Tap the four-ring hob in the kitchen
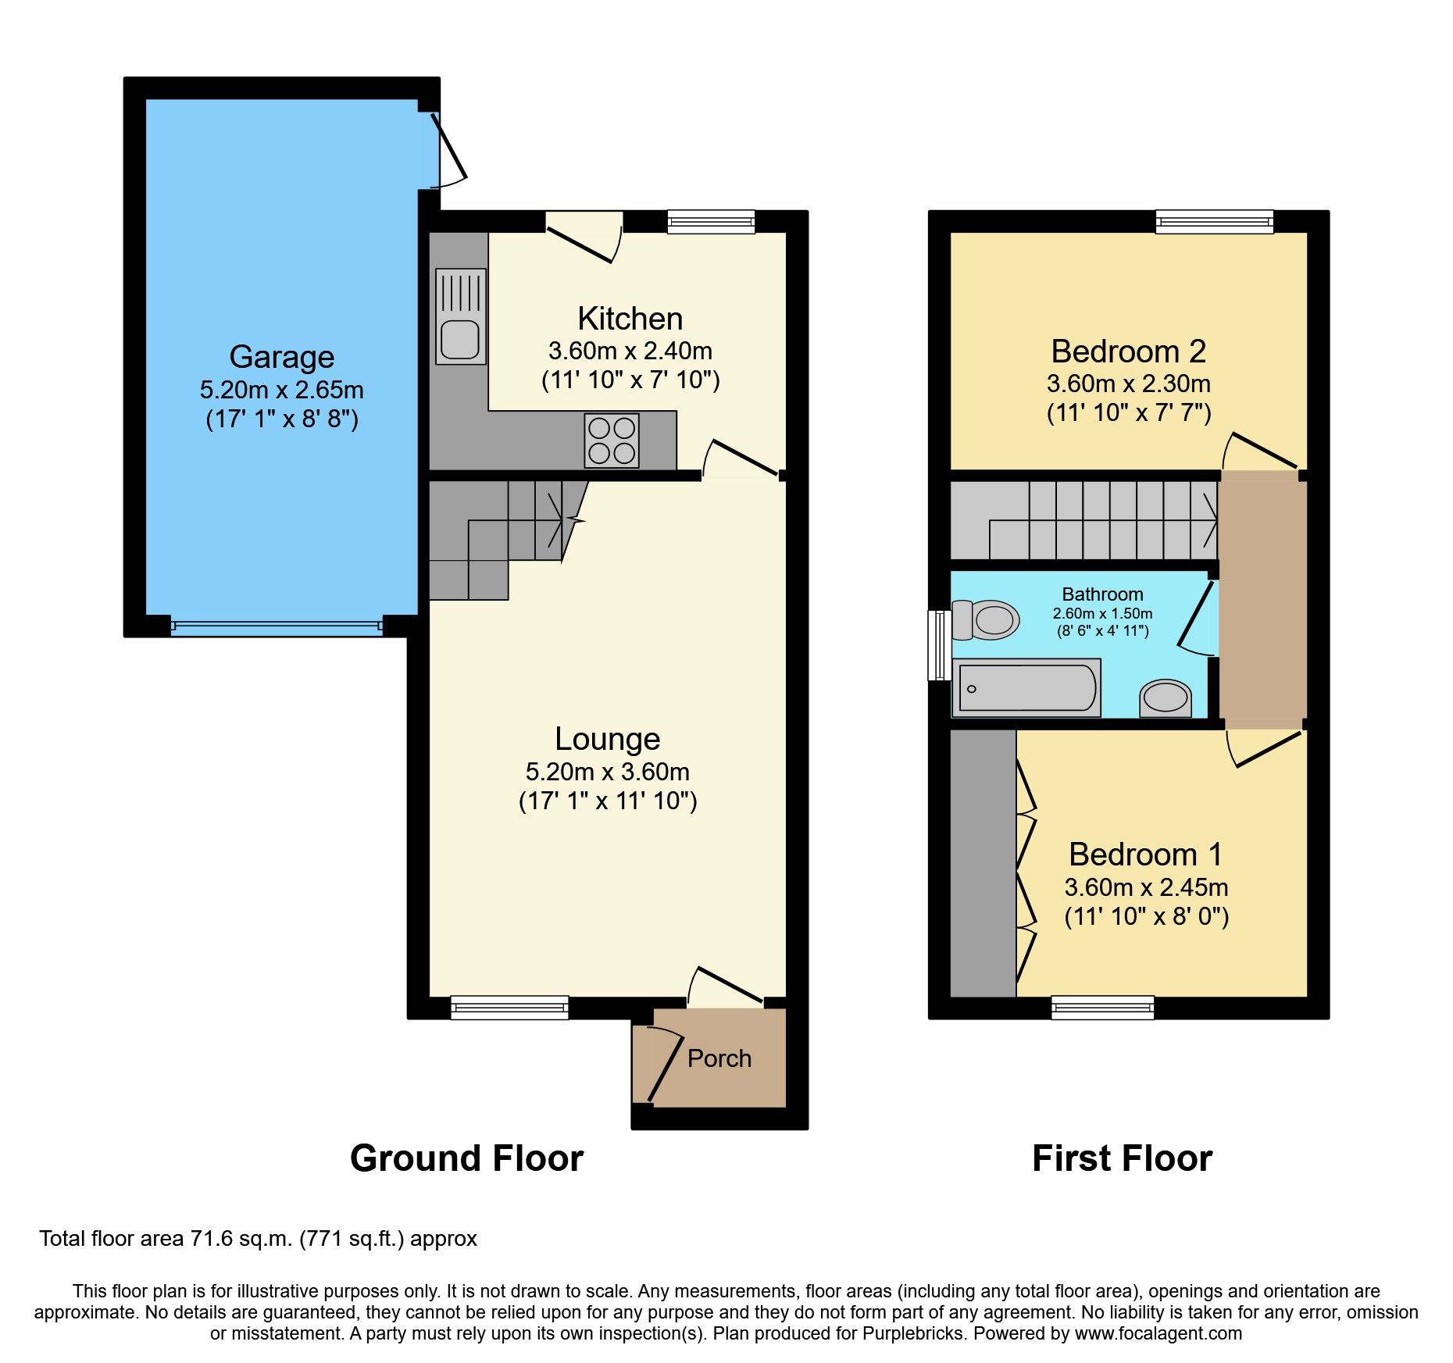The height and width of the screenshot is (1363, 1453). pyautogui.click(x=612, y=441)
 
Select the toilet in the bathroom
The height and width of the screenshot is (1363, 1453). pyautogui.click(x=986, y=620)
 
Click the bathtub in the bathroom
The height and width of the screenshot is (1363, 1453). pyautogui.click(x=1026, y=688)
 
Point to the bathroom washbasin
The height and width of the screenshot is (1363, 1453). pyautogui.click(x=1166, y=698)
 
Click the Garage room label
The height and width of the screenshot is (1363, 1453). pyautogui.click(x=281, y=356)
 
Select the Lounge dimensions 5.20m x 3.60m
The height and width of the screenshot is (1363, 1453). pyautogui.click(x=607, y=772)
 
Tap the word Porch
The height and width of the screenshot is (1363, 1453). pyautogui.click(x=719, y=1058)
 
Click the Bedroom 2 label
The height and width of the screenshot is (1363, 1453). pyautogui.click(x=1128, y=351)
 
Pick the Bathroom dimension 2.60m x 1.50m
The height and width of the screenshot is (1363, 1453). pyautogui.click(x=1102, y=614)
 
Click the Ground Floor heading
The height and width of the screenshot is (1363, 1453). pyautogui.click(x=466, y=1158)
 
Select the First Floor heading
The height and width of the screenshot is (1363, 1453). pyautogui.click(x=1122, y=1158)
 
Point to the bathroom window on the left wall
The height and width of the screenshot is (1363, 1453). pyautogui.click(x=938, y=645)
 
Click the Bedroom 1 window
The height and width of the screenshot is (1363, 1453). pyautogui.click(x=1102, y=1008)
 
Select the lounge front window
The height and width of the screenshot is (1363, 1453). pyautogui.click(x=509, y=1008)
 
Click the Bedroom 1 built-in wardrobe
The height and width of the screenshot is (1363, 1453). pyautogui.click(x=983, y=863)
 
